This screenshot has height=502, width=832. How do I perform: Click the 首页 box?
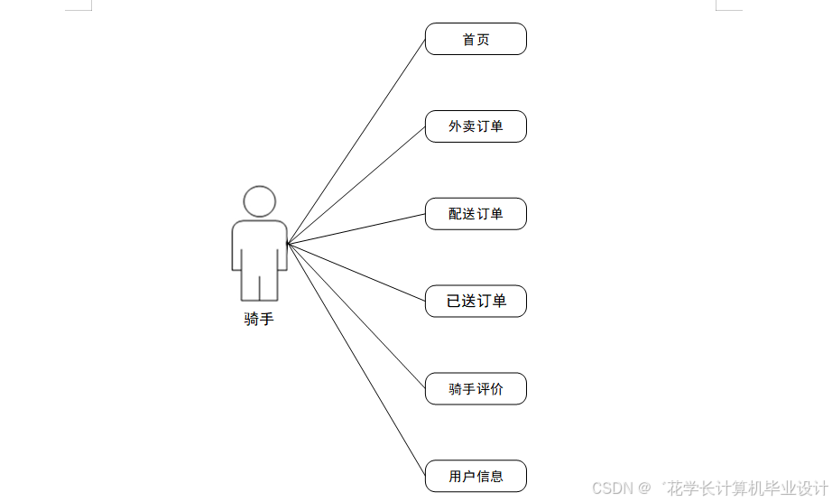(476, 39)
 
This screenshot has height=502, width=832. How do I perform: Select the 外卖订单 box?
(476, 126)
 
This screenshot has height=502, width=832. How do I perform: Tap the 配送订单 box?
(476, 214)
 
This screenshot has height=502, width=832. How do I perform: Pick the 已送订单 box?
(476, 301)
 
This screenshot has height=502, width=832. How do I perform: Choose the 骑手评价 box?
(476, 389)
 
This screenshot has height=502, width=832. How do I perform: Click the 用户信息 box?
(476, 476)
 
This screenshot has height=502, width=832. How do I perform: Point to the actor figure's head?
(260, 201)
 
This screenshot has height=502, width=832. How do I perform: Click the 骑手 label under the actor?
(259, 319)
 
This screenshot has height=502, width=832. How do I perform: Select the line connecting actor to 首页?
(356, 141)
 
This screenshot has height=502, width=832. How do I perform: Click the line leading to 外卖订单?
(356, 184)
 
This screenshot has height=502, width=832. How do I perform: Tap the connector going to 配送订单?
(356, 228)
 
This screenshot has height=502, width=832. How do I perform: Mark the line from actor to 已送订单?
(356, 272)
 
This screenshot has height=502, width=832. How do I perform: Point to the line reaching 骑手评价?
(356, 316)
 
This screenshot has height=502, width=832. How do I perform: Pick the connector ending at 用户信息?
(356, 359)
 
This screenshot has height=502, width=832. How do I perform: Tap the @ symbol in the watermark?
(644, 488)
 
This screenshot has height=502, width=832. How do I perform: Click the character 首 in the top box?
(468, 39)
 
